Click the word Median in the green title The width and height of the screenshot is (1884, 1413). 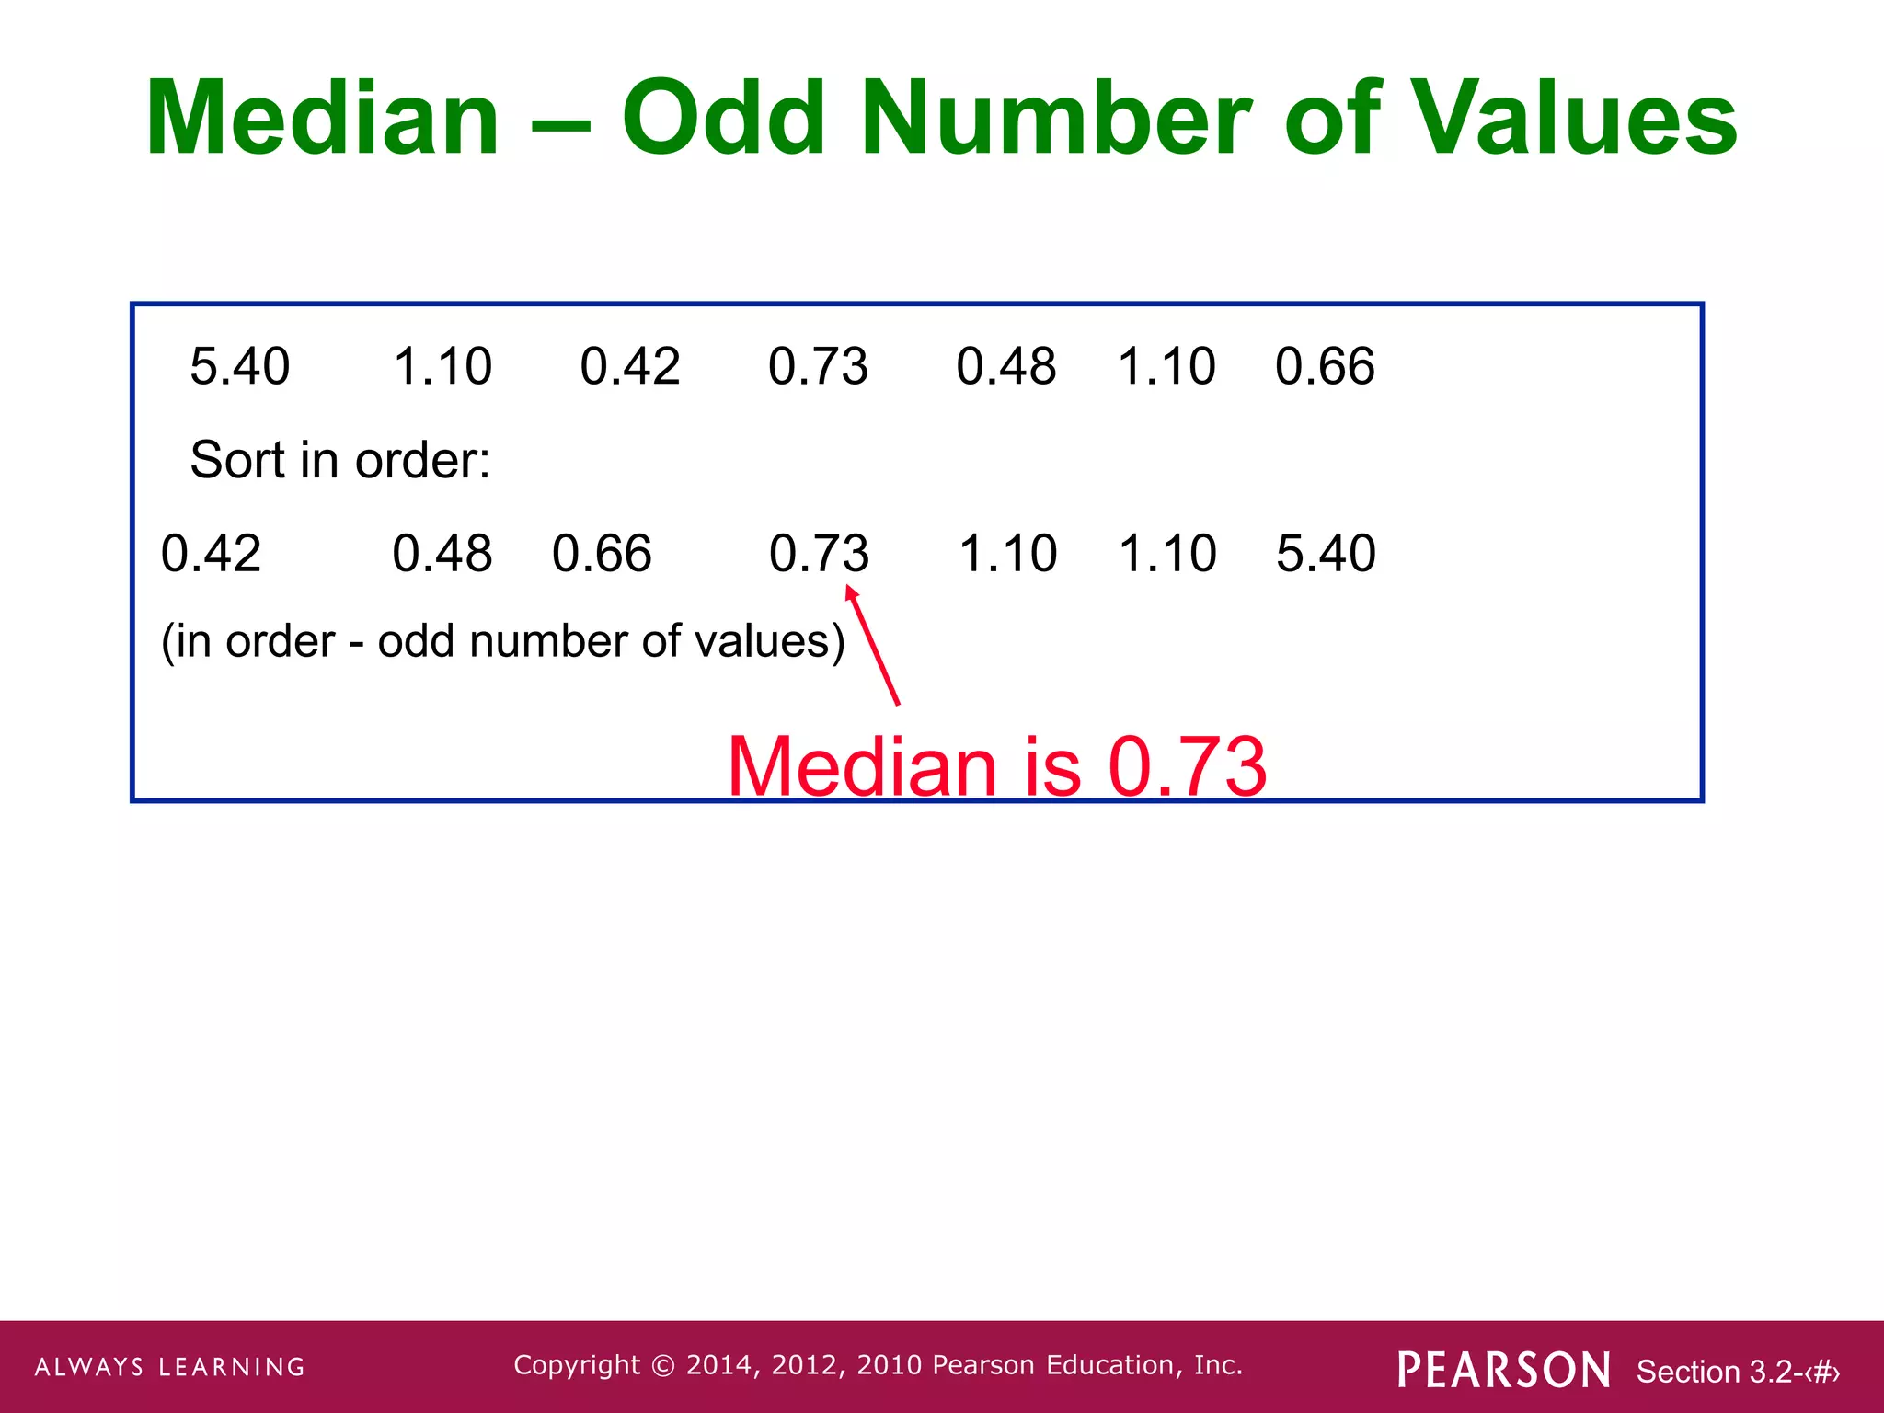(x=322, y=120)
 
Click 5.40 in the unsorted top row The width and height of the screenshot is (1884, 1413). (x=240, y=366)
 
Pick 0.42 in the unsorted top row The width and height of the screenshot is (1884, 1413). (x=630, y=366)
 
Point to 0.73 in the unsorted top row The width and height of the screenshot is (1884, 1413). (x=818, y=366)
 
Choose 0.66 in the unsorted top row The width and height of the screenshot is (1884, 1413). (x=1325, y=366)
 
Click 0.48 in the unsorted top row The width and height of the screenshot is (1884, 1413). (x=1005, y=366)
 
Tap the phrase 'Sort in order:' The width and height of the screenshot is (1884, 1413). (x=340, y=460)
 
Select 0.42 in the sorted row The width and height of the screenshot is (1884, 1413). (x=211, y=554)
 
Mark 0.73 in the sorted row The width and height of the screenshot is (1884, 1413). (x=819, y=554)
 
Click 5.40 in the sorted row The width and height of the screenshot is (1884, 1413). (x=1326, y=554)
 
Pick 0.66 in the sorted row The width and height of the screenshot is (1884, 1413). (x=602, y=554)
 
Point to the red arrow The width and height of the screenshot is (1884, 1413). (x=873, y=648)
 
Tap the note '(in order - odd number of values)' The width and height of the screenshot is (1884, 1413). (x=502, y=641)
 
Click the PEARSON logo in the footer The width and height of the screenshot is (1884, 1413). (x=1504, y=1370)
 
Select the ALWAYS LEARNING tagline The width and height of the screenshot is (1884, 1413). (x=170, y=1367)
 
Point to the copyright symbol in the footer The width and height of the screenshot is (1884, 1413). (x=662, y=1366)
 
